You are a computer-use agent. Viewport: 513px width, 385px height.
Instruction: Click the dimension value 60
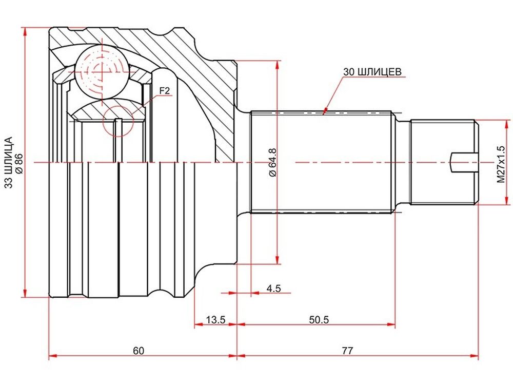[139, 351]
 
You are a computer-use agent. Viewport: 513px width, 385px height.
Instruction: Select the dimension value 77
[347, 351]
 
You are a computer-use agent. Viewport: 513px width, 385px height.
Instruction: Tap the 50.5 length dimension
[319, 319]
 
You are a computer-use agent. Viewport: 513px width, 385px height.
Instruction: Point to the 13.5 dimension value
[215, 319]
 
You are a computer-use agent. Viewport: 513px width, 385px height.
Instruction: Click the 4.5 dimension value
[273, 288]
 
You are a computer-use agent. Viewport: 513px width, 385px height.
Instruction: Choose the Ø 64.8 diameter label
[273, 163]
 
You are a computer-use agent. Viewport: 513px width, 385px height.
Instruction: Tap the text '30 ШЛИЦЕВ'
[372, 72]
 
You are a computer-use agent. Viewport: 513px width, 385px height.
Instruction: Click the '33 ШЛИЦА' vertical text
[9, 162]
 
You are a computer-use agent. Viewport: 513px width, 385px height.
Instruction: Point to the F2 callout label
[165, 91]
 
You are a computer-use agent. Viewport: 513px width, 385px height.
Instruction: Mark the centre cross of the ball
[102, 70]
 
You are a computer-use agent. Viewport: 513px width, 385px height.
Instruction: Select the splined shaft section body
[321, 162]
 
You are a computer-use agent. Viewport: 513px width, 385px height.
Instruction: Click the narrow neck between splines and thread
[402, 162]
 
